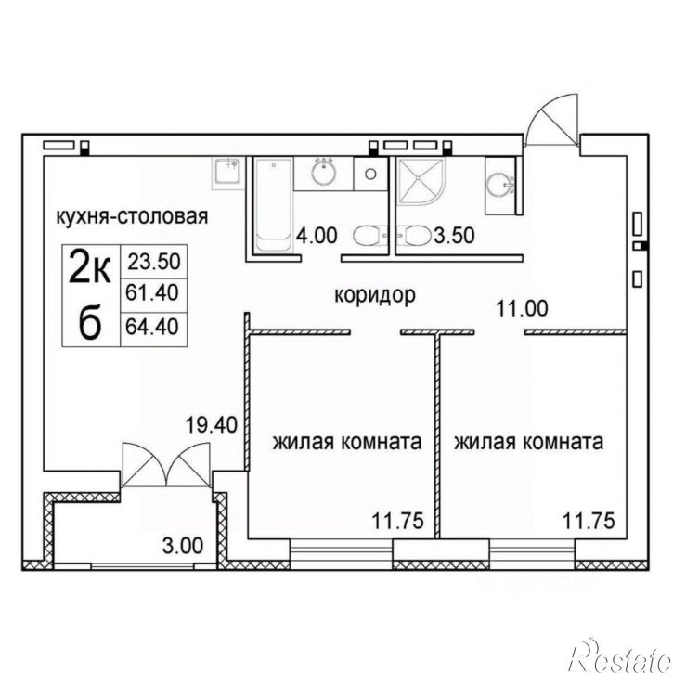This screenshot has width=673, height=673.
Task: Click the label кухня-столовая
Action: pos(132,216)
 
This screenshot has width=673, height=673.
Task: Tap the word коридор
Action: pos(375,295)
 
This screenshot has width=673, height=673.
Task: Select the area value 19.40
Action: pos(211,425)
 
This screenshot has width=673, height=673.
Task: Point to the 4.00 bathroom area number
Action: pos(317,236)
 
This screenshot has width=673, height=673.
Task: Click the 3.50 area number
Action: pos(454,235)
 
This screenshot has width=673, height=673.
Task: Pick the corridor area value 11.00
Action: pos(522,308)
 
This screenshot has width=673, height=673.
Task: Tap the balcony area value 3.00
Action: pos(183,546)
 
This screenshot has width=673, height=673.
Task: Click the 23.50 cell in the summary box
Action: pos(154,262)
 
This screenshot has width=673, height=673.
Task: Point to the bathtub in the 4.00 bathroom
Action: pos(273,205)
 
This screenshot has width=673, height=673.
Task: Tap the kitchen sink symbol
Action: pos(227,171)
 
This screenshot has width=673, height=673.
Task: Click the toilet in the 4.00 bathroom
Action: pos(369,236)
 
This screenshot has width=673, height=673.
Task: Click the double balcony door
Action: pos(166,465)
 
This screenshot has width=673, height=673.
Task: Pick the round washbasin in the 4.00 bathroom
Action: pos(323,172)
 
